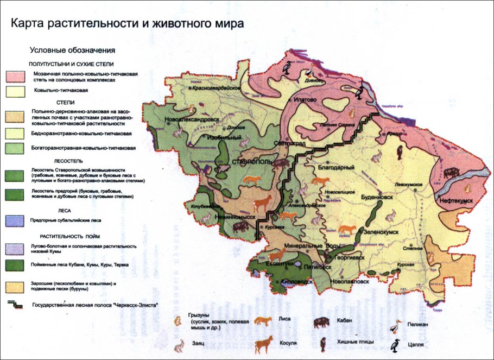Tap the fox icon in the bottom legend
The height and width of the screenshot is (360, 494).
point(264,322)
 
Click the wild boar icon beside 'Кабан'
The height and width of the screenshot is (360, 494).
point(321,322)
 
